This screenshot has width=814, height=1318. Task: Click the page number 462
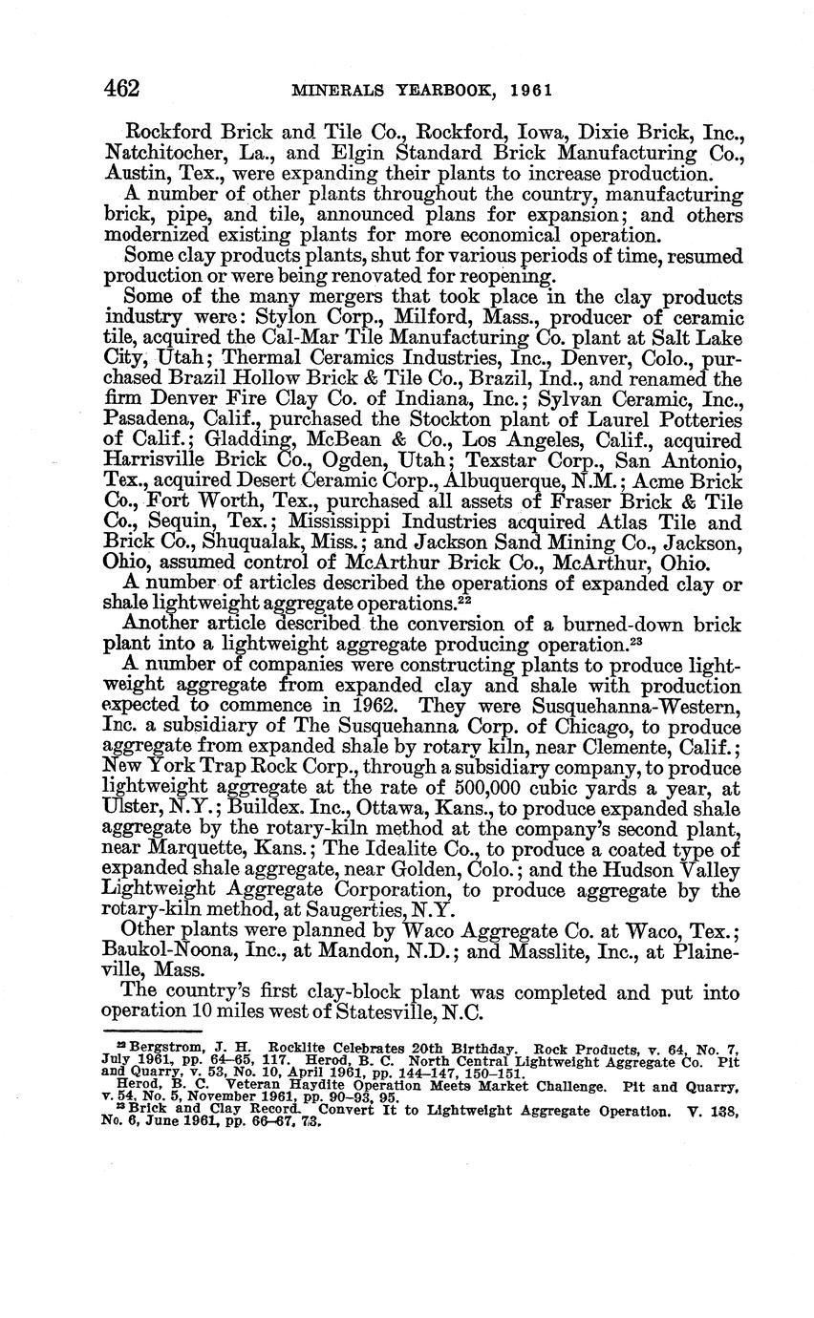click(x=122, y=90)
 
